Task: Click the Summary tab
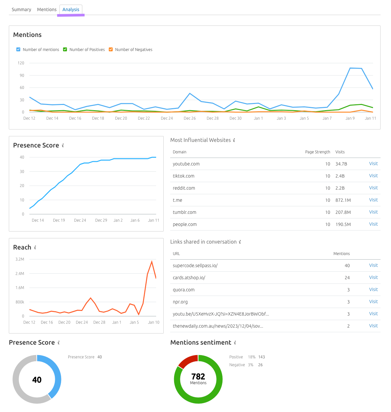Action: coord(21,9)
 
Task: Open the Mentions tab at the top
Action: coord(47,9)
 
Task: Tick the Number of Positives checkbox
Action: coord(65,49)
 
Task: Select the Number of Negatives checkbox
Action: coord(111,49)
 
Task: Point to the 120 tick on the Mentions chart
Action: coord(21,63)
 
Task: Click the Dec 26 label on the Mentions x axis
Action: coord(189,118)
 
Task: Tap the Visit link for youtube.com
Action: coord(373,164)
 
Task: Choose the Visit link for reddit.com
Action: coord(373,188)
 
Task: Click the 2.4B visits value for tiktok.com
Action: coord(340,176)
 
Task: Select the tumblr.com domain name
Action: coord(185,212)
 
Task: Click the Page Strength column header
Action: coord(318,152)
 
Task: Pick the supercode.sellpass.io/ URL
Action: coord(195,266)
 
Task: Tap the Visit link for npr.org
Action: coord(373,302)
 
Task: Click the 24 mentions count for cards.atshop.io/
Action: coord(347,278)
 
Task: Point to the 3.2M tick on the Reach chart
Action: coord(20,259)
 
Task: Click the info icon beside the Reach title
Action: coord(35,248)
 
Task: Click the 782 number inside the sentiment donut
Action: coord(198,376)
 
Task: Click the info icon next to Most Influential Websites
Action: coord(234,140)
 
